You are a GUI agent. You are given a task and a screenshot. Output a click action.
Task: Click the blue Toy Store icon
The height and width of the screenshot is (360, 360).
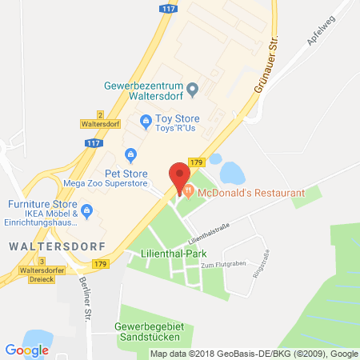click(146, 122)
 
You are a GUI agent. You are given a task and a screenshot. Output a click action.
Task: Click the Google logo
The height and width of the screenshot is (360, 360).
click(26, 350)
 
